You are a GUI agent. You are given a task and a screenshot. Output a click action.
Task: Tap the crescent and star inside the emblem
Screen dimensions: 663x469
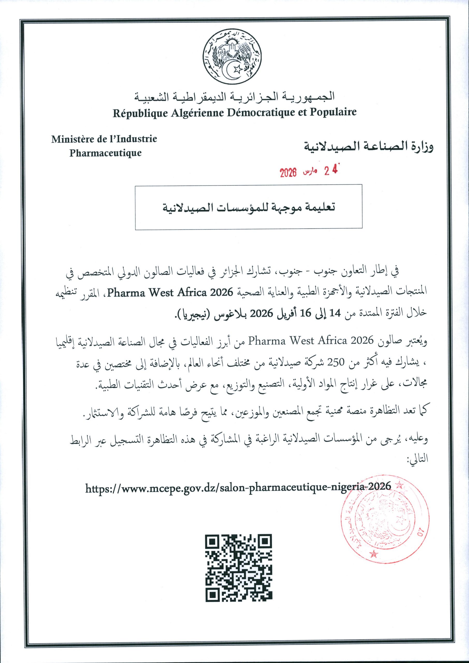(x=233, y=69)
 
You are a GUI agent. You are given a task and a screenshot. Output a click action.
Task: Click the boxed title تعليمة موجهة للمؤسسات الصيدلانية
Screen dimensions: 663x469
(x=249, y=208)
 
